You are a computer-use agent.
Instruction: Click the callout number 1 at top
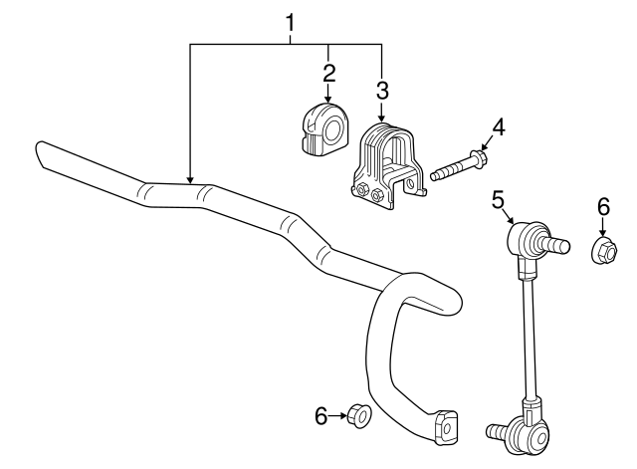coord(291,19)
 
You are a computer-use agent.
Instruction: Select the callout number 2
coord(328,72)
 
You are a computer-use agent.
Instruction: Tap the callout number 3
coord(382,91)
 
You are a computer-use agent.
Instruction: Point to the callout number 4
coord(499,126)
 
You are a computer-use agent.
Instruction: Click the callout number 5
coord(499,201)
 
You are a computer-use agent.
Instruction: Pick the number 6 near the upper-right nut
coord(602,206)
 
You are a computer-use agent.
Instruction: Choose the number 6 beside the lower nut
coord(321,417)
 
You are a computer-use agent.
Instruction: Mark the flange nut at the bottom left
coord(361,418)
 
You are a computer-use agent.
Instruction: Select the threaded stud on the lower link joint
coord(495,431)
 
